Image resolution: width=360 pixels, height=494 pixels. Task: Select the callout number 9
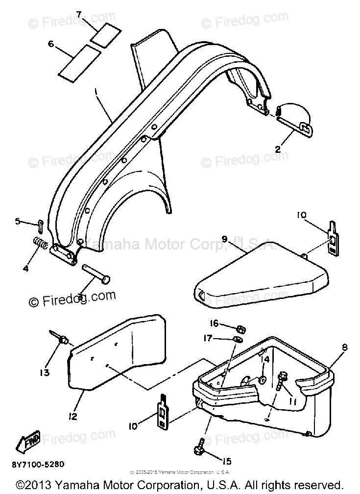click(x=224, y=239)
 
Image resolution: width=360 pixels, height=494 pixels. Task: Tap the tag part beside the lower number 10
click(x=162, y=412)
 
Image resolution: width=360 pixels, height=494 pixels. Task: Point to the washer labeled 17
click(x=238, y=340)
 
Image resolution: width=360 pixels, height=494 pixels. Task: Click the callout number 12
click(x=73, y=417)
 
